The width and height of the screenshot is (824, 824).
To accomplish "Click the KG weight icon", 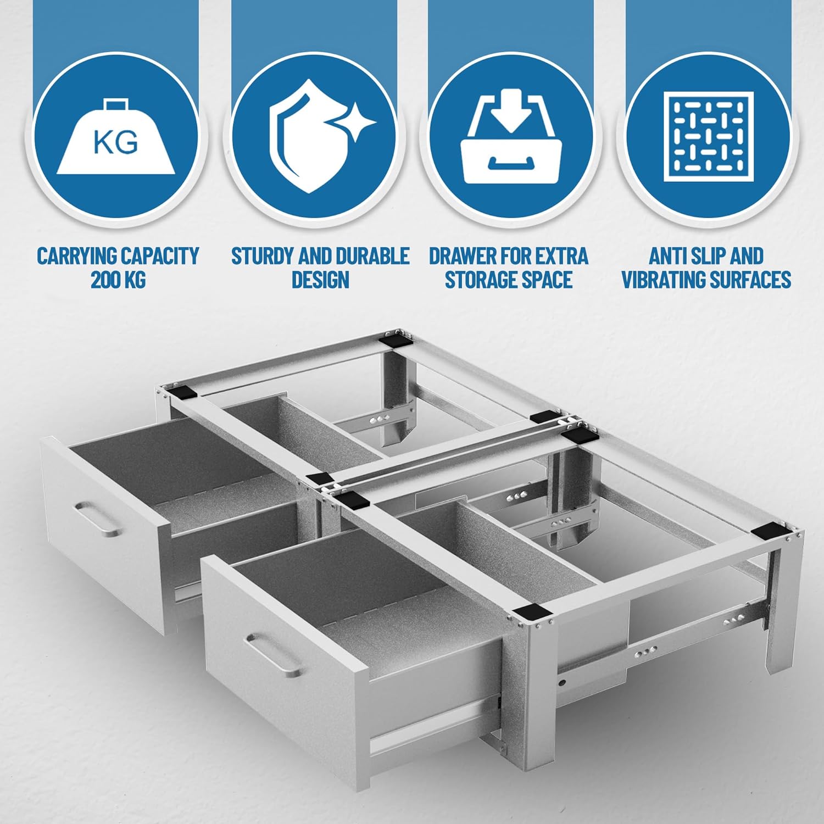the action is point(116,137).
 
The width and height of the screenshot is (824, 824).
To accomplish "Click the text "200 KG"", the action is point(118,280).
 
